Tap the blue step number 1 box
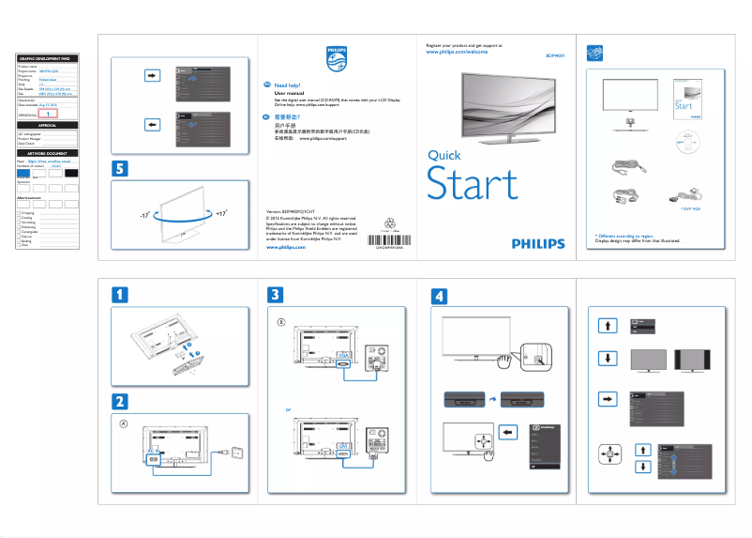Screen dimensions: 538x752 (123, 294)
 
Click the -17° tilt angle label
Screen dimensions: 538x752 (143, 216)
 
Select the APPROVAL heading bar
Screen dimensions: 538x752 (47, 125)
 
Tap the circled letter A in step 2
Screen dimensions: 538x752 (124, 423)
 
